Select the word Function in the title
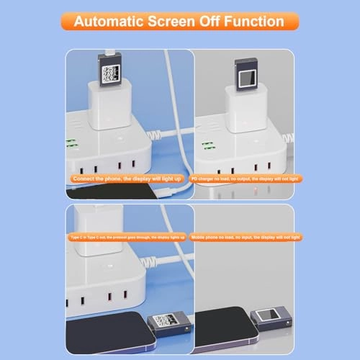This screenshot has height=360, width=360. [x=254, y=22]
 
